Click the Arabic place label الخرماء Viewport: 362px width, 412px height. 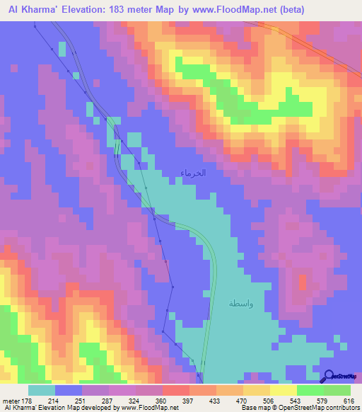(192, 173)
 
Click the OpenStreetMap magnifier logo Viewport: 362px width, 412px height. (329, 375)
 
